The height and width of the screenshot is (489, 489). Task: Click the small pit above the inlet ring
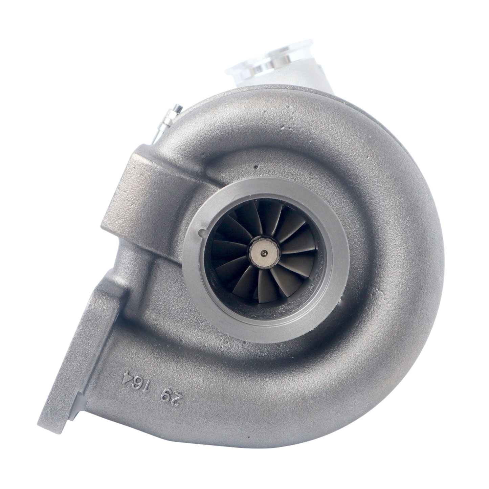click(x=256, y=167)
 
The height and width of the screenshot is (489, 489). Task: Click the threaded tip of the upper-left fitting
click(x=178, y=107)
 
